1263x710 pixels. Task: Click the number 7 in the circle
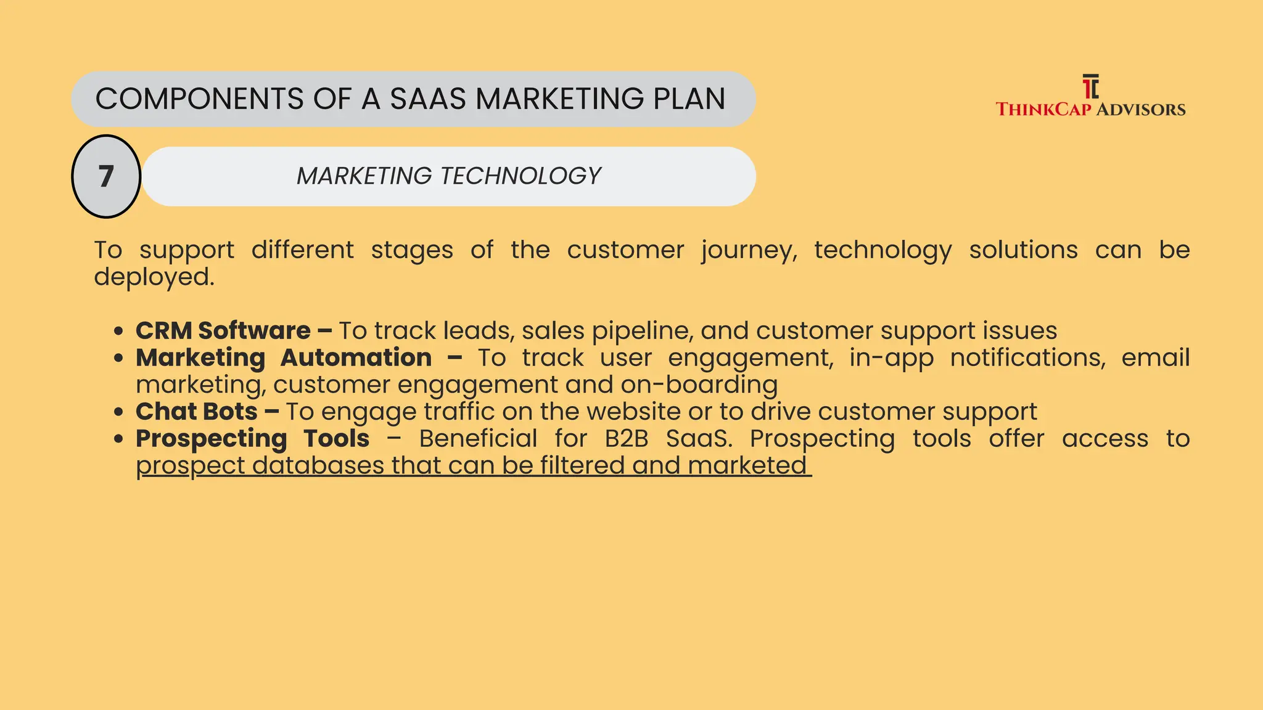tap(106, 177)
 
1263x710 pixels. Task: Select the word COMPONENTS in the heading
tap(200, 99)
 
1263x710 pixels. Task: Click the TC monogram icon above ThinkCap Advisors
tap(1090, 87)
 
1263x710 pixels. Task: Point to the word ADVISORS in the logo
tap(1141, 110)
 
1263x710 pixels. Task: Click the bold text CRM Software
tap(223, 331)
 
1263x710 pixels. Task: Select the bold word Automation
tap(356, 358)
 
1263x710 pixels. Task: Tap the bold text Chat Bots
tap(197, 412)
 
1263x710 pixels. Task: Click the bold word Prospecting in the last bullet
tap(212, 439)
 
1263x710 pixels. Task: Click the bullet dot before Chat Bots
tap(119, 412)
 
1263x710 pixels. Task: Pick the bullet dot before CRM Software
tap(119, 331)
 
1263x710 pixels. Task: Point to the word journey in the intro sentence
tap(749, 251)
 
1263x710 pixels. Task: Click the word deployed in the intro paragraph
tap(154, 277)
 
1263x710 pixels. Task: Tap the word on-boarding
tap(699, 385)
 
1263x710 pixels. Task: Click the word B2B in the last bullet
tap(627, 439)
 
